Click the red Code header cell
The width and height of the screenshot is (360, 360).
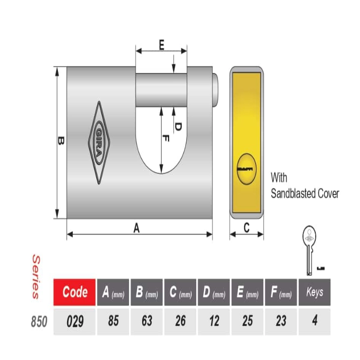pos(74,292)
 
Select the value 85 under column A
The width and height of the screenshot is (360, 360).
pos(113,321)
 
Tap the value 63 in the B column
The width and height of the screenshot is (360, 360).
pos(147,321)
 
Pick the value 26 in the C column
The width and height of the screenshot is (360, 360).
pos(180,321)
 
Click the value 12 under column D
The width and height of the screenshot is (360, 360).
pos(214,321)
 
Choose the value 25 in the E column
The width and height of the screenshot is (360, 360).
pos(247,321)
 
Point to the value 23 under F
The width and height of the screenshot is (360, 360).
pos(281,321)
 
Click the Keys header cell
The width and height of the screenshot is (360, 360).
pos(315,292)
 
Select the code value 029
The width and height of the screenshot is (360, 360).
pos(75,321)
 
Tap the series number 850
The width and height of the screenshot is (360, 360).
pos(39,321)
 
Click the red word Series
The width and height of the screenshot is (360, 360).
pos(36,276)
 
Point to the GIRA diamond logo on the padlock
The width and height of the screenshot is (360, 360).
pos(99,143)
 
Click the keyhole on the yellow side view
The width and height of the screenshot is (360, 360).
pos(247,169)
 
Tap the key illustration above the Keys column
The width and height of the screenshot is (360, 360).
pos(309,250)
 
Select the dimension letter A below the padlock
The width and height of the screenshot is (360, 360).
pos(137,228)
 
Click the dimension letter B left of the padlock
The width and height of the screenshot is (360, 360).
pos(61,140)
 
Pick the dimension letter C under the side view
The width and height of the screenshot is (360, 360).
pos(247,228)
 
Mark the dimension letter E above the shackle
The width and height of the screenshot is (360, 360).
pos(162,45)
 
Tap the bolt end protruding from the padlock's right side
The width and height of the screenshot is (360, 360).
pos(215,90)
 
